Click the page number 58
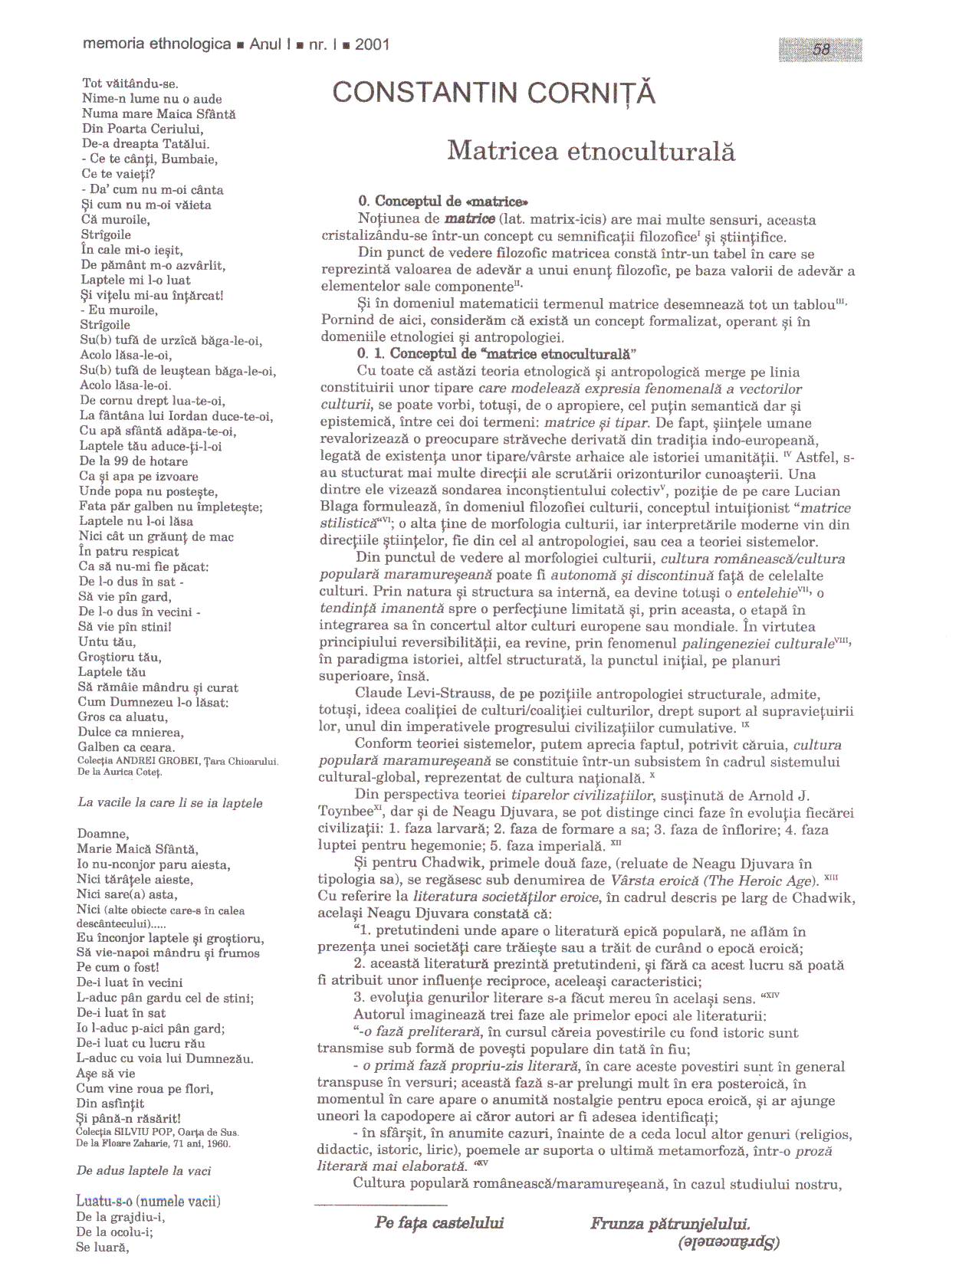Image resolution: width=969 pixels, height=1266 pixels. tap(821, 50)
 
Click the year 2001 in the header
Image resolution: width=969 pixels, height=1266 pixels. tap(373, 44)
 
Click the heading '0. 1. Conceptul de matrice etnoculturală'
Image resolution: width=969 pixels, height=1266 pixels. tap(497, 353)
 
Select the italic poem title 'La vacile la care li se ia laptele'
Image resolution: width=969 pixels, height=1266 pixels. tap(170, 803)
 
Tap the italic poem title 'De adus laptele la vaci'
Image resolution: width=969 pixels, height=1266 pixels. tap(143, 1171)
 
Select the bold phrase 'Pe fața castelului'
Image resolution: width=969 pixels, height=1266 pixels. tap(439, 1223)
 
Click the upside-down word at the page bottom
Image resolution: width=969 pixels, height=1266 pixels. tap(728, 1243)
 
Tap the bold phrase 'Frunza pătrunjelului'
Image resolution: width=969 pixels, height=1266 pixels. tap(670, 1224)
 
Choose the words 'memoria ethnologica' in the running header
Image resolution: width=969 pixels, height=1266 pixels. tap(156, 44)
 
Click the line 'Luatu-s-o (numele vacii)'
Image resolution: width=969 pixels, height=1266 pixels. tap(148, 1202)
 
